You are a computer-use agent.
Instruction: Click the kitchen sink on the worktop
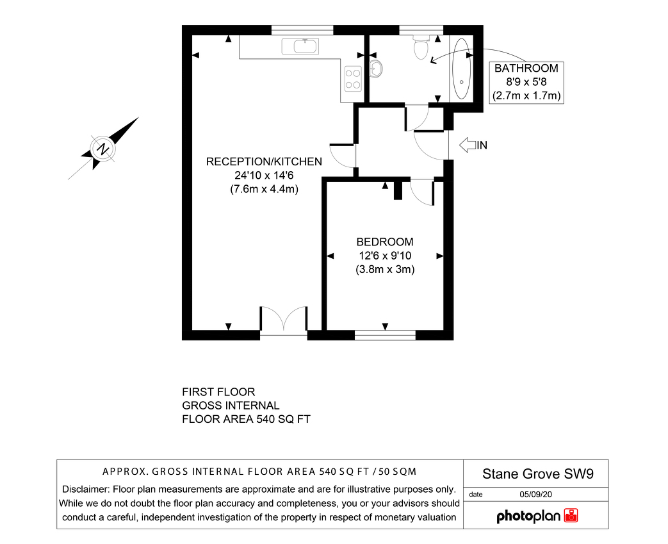point(300,46)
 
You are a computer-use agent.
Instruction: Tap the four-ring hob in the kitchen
point(353,79)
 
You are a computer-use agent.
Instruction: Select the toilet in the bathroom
point(421,47)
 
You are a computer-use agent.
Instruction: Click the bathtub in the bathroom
point(461,69)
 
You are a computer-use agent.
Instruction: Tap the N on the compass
point(103,149)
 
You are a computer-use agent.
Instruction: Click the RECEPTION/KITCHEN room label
point(264,161)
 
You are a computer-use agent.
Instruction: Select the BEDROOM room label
point(385,242)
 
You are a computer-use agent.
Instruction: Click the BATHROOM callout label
point(526,68)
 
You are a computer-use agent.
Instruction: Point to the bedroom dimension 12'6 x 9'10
point(385,256)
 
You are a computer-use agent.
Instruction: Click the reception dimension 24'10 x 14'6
point(264,175)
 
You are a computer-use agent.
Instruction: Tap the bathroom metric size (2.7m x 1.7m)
point(526,95)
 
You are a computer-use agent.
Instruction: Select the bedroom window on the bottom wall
point(385,336)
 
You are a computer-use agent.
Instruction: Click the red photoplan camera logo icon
point(571,515)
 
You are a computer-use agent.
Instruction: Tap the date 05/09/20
point(535,495)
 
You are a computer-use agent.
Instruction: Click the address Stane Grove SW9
point(537,474)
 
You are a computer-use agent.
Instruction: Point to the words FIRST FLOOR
point(218,392)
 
